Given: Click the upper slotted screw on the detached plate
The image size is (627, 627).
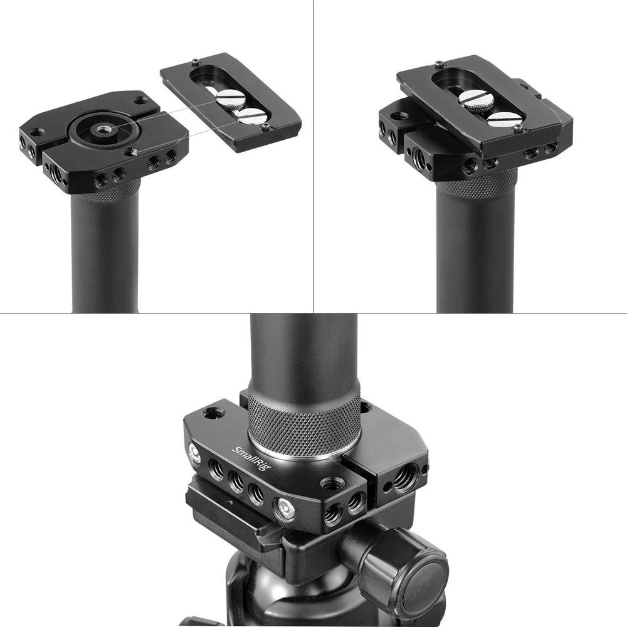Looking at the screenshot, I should coord(231,98).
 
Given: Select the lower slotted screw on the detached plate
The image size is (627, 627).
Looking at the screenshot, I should coord(252,116).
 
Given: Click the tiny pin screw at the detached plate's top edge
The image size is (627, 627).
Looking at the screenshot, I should coord(196,62).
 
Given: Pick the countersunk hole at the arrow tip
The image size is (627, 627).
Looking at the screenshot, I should coord(132,152).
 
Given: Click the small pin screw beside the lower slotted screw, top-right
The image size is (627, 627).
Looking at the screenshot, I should coord(518,129).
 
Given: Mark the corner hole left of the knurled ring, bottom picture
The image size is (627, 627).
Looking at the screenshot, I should coord(213,413).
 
